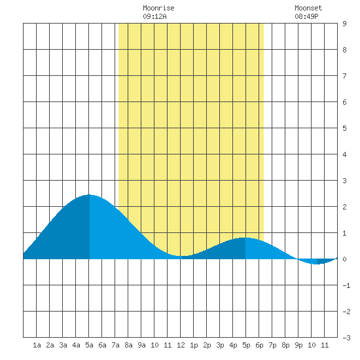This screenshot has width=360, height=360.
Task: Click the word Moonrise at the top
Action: pyautogui.click(x=158, y=8)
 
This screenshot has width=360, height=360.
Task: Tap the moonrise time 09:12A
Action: pyautogui.click(x=154, y=16)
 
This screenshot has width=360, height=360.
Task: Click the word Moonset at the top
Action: pyautogui.click(x=308, y=8)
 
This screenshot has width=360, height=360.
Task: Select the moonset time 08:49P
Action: pyautogui.click(x=306, y=16)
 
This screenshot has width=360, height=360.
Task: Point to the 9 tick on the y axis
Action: pyautogui.click(x=344, y=24)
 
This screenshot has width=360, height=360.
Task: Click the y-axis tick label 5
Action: pyautogui.click(x=344, y=128)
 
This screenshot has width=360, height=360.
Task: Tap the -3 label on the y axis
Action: pyautogui.click(x=346, y=338)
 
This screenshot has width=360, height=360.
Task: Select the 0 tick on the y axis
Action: pyautogui.click(x=344, y=259)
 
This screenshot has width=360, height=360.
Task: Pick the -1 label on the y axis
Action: pyautogui.click(x=346, y=285)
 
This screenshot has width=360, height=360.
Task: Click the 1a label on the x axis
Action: pyautogui.click(x=37, y=345)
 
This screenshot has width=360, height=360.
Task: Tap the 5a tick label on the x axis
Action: pyautogui.click(x=89, y=345)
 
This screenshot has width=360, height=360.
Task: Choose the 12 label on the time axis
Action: pyautogui.click(x=181, y=345)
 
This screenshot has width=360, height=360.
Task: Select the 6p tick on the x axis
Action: pyautogui.click(x=259, y=345)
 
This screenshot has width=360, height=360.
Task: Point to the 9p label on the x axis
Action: pyautogui.click(x=298, y=345)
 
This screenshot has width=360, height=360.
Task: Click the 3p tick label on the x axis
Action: pyautogui.click(x=220, y=345)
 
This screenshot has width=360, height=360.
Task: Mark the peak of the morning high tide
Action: pyautogui.click(x=89, y=194)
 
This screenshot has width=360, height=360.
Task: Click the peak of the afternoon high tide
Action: pyautogui.click(x=245, y=238)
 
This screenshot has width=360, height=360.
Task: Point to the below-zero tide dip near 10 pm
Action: pyautogui.click(x=316, y=264)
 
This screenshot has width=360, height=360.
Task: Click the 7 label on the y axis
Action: pyautogui.click(x=344, y=76)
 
